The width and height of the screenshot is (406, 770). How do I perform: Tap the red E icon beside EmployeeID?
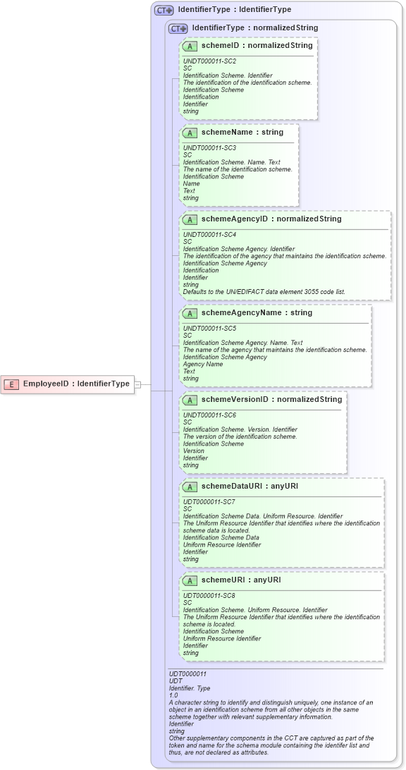click(12, 384)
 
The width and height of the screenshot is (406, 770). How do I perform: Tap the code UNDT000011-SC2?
click(209, 61)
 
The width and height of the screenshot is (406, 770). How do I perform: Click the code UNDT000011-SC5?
click(209, 329)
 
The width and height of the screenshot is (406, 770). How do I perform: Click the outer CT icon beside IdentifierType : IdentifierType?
click(164, 11)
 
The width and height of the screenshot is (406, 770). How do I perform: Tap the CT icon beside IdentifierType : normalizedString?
click(178, 28)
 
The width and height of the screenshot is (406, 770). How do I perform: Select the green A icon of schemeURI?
click(190, 580)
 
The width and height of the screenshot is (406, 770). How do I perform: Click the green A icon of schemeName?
click(190, 133)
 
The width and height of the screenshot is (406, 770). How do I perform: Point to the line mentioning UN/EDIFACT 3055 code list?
click(264, 291)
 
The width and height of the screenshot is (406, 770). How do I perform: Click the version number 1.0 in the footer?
click(173, 695)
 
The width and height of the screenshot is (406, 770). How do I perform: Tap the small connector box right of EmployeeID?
click(138, 384)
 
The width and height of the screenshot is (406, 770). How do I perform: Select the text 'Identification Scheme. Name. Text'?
click(231, 162)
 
